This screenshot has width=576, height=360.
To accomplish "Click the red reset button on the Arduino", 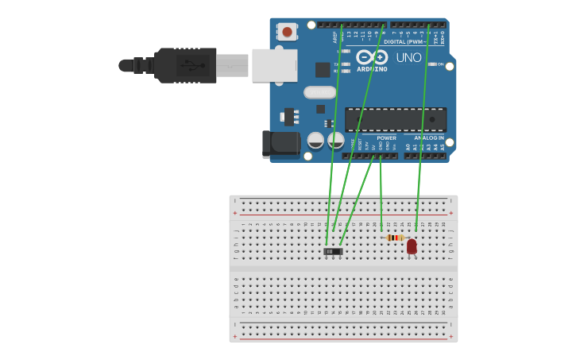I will (x=286, y=33).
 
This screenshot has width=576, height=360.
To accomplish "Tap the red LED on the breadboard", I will (x=412, y=246).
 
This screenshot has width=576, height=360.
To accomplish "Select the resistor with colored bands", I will (x=395, y=238).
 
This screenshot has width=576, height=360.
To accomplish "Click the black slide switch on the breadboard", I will (x=334, y=251).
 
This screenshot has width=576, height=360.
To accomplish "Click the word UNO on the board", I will (x=408, y=57).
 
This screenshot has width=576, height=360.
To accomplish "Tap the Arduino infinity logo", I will (x=372, y=57).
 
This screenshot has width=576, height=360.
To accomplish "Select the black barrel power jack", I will (x=280, y=144).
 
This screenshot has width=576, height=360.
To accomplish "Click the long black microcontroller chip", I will (x=395, y=120).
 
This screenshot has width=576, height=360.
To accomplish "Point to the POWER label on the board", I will (x=386, y=137).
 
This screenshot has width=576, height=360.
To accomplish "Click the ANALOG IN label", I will (x=428, y=137).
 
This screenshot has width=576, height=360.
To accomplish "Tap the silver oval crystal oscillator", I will (x=319, y=92).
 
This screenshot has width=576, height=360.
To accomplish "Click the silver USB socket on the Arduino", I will (x=274, y=65).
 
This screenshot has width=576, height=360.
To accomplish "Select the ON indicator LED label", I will (x=440, y=64).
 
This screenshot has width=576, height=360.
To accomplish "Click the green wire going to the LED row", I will (x=422, y=127).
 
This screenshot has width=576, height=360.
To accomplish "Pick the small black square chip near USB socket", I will (x=323, y=69).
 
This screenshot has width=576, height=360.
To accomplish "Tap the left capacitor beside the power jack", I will (x=315, y=141).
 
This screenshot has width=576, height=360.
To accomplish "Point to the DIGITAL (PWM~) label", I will (x=404, y=41).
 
